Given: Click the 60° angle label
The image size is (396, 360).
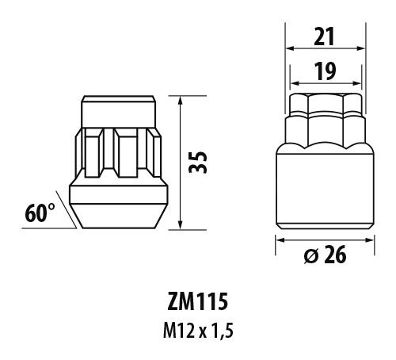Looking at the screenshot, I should (39, 213).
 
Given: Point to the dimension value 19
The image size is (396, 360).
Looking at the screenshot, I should (323, 71).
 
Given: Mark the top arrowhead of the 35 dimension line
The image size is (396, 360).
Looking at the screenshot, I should (183, 101).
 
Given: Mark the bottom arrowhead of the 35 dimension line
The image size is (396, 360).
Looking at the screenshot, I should (183, 225).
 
